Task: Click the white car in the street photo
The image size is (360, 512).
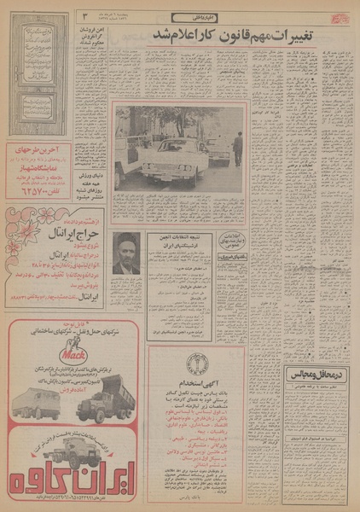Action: tap(171, 162)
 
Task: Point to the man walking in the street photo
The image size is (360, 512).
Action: tap(238, 148)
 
